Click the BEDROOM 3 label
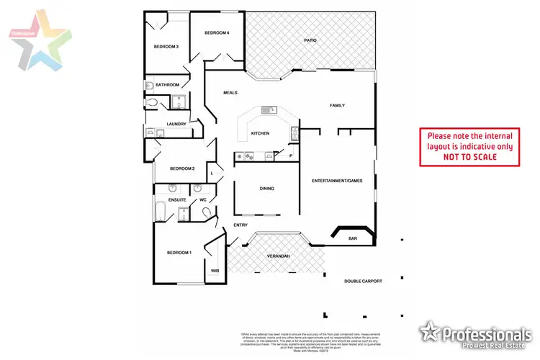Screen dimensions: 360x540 pos(166,48)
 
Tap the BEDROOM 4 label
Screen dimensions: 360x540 pos(216,33)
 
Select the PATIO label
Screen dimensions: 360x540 pos(310,41)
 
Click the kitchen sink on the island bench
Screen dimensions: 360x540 pos(270,110)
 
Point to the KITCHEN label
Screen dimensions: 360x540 pos(259,134)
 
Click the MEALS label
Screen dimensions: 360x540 pos(230,93)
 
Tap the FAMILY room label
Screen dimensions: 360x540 pos(337,106)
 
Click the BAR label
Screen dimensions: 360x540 pos(353,238)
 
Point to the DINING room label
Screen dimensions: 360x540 pos(267,189)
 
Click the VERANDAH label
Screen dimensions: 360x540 pos(278,256)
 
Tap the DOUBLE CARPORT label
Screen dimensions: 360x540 pos(362,282)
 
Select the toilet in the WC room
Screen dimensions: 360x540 pos(207,212)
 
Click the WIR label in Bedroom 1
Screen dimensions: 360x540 pos(214,271)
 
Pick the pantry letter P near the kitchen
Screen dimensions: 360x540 pos(291,156)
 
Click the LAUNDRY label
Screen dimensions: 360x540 pos(176,124)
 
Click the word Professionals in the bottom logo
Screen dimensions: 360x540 pos(486,335)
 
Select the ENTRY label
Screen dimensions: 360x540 pos(240,225)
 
